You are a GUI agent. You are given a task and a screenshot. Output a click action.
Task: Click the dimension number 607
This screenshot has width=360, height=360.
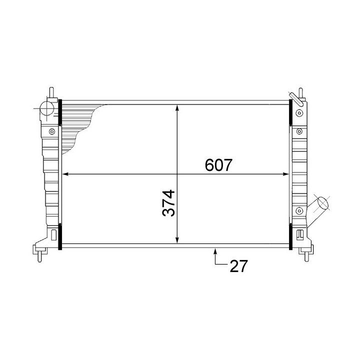(218, 165)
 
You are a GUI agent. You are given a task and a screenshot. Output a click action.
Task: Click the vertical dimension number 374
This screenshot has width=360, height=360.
(169, 203)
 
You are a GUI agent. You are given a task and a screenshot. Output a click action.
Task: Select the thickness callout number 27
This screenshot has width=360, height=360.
(239, 266)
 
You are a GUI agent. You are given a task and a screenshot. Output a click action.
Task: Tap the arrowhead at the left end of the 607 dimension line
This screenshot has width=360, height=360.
(65, 174)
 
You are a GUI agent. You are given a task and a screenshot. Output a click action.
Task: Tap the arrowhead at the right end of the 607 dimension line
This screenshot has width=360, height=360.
(285, 174)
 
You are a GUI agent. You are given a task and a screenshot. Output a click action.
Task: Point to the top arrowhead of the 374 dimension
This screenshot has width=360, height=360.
(177, 108)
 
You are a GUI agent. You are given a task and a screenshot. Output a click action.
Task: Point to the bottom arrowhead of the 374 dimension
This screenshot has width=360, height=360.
(177, 240)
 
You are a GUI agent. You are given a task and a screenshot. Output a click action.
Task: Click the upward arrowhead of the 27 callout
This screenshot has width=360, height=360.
(215, 252)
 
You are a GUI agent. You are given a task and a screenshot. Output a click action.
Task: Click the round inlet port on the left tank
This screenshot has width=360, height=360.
(46, 108)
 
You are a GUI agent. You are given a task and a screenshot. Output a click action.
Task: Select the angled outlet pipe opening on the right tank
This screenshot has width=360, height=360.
(323, 203)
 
